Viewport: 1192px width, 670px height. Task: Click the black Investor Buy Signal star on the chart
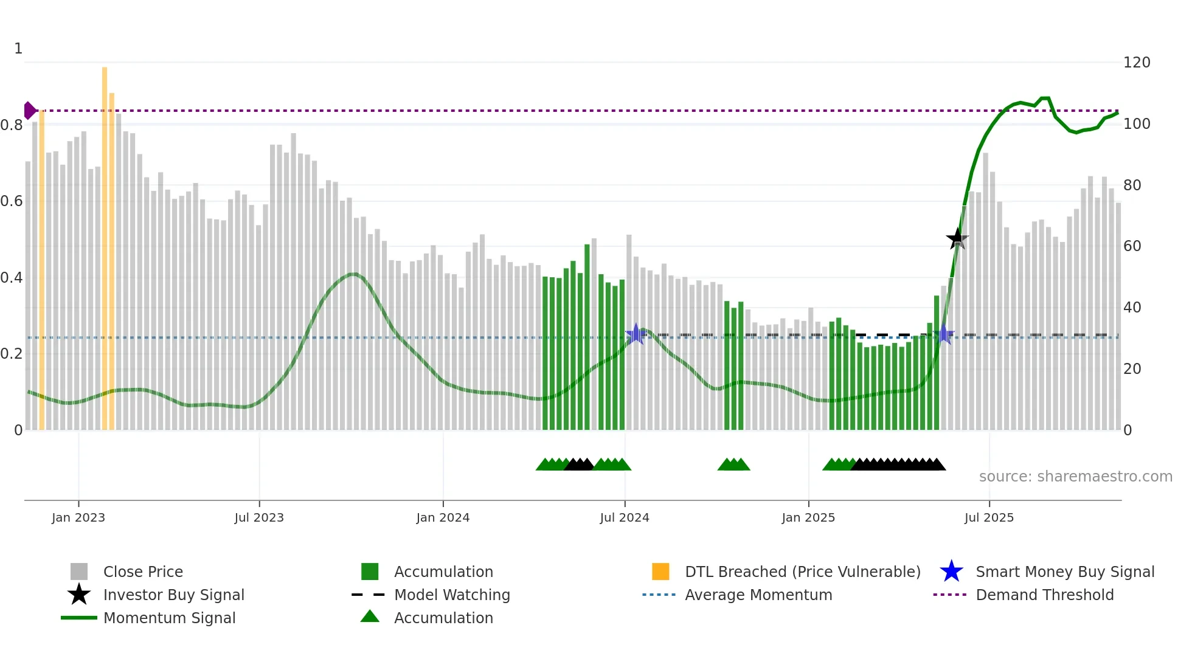(957, 239)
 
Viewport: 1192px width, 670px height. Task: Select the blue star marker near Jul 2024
(636, 334)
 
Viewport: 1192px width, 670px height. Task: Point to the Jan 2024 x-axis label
(443, 517)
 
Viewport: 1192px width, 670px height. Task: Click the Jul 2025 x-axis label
(989, 517)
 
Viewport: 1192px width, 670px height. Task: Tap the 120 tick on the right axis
(1137, 63)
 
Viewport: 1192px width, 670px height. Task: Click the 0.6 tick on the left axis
(12, 201)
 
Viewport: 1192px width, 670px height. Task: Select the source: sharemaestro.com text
(1075, 477)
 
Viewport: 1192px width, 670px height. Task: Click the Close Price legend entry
(143, 572)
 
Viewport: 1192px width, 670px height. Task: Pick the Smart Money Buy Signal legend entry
(1064, 572)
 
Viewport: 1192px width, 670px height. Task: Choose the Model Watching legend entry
(451, 595)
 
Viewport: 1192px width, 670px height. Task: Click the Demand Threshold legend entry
(1044, 595)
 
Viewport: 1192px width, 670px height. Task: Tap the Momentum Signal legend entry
(169, 618)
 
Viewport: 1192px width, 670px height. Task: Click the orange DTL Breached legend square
(660, 572)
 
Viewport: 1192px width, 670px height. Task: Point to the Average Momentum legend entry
(758, 595)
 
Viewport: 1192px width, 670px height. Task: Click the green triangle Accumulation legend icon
(370, 617)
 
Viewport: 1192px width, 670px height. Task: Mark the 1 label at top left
(18, 49)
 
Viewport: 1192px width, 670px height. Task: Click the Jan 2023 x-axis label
(78, 517)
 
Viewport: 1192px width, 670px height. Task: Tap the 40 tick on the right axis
(1132, 308)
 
